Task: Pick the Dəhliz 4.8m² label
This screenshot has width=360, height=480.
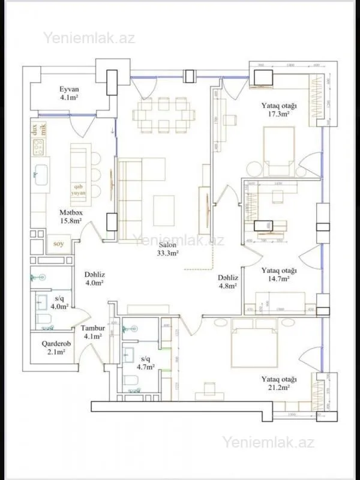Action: pos(228,282)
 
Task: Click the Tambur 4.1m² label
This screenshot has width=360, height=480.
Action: pos(93,332)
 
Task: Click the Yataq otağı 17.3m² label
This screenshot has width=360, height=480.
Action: pos(279,109)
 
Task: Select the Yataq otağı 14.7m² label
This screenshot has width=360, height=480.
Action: pos(279,274)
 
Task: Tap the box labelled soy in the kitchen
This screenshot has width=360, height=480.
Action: pos(58,244)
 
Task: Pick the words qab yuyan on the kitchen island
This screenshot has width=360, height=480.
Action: pos(79,190)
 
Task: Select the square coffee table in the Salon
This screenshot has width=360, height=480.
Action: pos(164,211)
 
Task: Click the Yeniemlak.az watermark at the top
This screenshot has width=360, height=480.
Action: pos(89,38)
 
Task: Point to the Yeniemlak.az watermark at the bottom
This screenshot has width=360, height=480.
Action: pos(268,443)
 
